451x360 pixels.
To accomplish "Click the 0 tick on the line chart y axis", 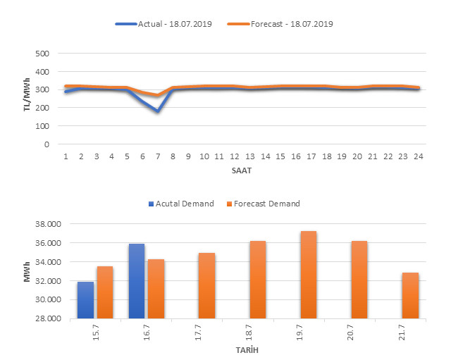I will tap(46, 144).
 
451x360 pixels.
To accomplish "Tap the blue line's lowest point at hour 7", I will tap(158, 111).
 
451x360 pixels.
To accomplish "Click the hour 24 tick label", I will tap(418, 155).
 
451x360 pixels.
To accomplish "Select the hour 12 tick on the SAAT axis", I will tap(234, 155).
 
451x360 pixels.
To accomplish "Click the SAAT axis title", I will tap(242, 169).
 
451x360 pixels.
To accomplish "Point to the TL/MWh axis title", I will tap(27, 99).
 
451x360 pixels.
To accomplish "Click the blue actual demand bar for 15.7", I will tap(86, 299).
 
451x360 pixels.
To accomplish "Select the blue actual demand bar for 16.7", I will tap(137, 280).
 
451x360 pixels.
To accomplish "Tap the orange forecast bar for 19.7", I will tap(308, 274).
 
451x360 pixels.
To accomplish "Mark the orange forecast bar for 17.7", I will tap(206, 285).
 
